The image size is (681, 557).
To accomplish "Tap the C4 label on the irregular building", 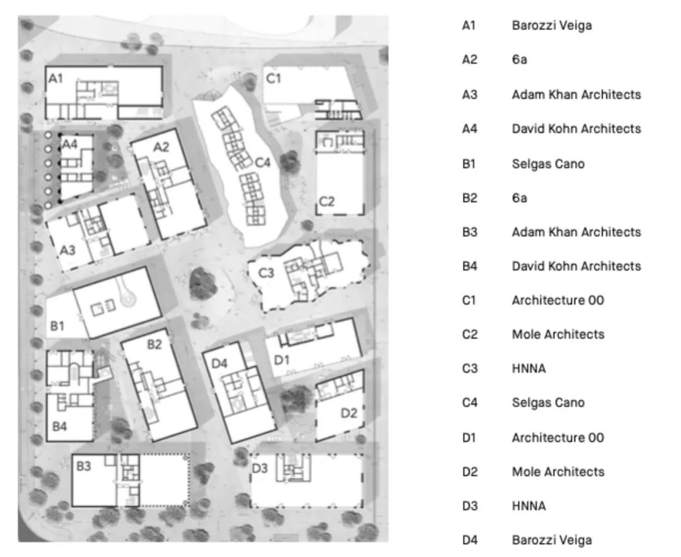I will [262, 163].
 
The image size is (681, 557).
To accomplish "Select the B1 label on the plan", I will [58, 326].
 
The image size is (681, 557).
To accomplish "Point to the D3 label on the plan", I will [260, 469].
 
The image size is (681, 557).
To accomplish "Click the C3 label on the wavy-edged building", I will [266, 273].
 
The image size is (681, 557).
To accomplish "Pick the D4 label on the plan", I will [219, 363].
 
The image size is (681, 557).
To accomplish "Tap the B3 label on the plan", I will [84, 467].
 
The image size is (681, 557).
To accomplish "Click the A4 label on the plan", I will [69, 144].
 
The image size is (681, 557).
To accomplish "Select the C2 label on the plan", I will [327, 201].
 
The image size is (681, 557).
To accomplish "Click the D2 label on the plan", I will [349, 413].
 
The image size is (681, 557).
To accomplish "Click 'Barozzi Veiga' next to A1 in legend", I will [551, 26].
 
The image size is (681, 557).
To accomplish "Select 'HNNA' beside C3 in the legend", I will [528, 368].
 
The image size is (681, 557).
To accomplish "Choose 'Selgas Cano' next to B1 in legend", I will [547, 163].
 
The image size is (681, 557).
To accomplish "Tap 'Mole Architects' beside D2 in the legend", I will [557, 471].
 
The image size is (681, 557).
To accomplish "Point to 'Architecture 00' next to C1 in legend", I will [557, 300].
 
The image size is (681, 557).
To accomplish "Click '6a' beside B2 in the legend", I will [519, 198].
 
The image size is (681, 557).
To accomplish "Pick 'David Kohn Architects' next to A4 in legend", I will [576, 129].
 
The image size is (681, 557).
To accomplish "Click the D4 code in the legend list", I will [470, 540].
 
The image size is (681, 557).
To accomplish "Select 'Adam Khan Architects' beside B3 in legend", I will [576, 232].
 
